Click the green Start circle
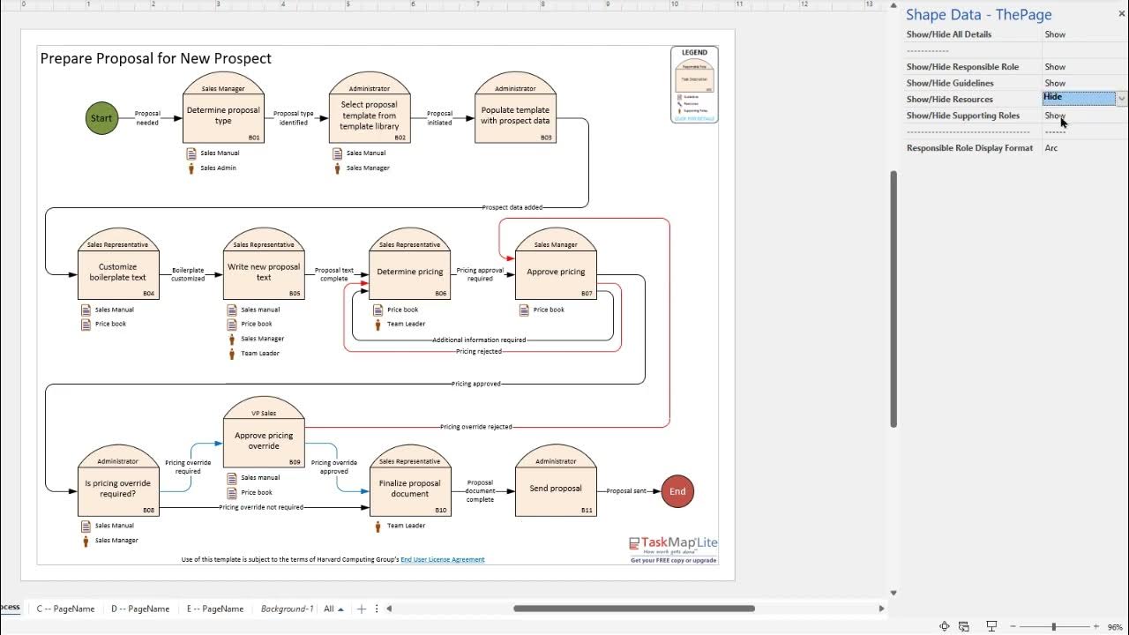[x=101, y=118]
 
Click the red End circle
[x=677, y=491]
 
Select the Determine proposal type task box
[x=223, y=116]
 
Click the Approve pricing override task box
[x=264, y=441]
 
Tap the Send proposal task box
[x=556, y=489]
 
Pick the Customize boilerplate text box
[x=118, y=273]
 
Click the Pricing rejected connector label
[x=479, y=351]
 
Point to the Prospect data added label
[x=512, y=207]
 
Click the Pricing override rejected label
[x=476, y=427]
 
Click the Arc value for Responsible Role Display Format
[x=1051, y=148]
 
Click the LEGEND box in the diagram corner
[x=694, y=85]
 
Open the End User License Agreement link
[x=442, y=559]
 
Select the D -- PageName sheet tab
[x=140, y=609]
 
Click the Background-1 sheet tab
[x=287, y=609]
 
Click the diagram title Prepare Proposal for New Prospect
[x=156, y=58]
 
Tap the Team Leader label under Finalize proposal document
[x=406, y=526]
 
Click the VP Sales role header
[x=264, y=413]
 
